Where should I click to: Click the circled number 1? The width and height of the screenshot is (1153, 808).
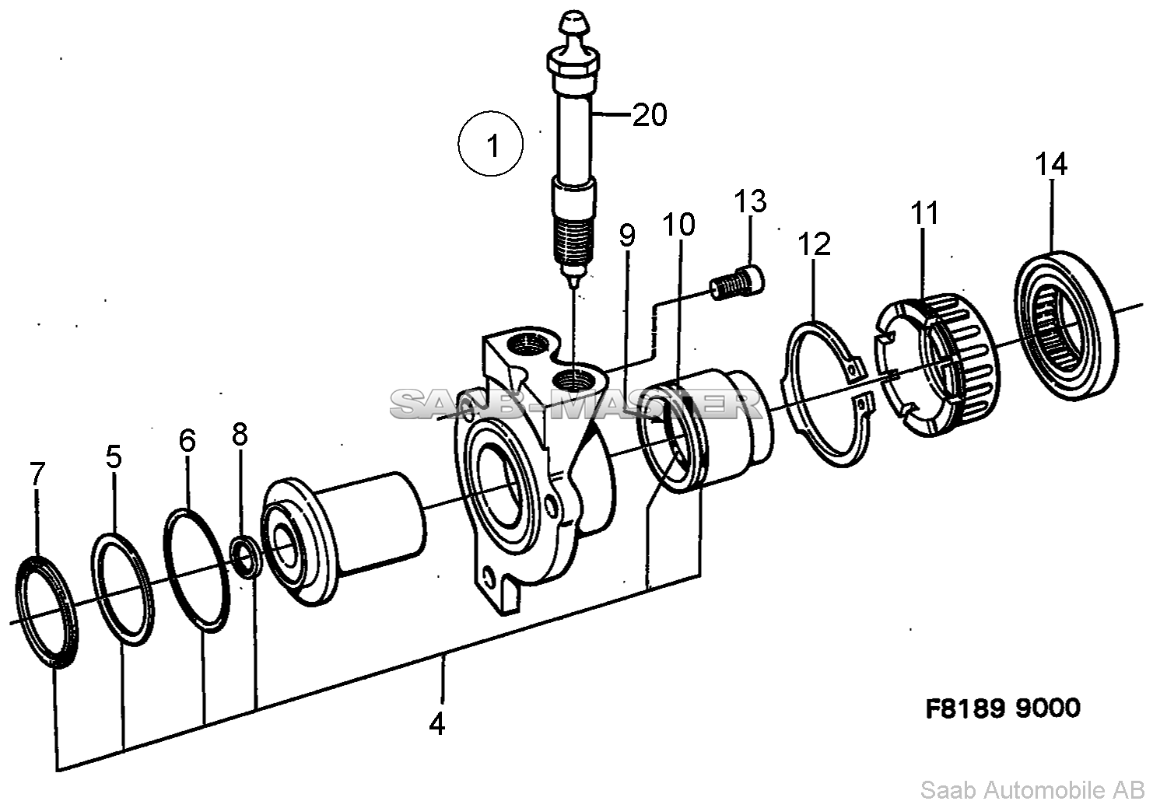pos(491,144)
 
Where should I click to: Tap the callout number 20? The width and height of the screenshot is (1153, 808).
pos(650,114)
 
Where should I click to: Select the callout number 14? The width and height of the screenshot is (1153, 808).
pos(1051,164)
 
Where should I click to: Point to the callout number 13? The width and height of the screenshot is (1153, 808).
pos(750,201)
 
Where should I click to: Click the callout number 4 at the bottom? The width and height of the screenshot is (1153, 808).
pos(437,725)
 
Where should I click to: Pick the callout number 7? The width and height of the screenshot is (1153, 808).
pos(37,474)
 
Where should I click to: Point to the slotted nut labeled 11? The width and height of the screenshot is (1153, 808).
pos(937,364)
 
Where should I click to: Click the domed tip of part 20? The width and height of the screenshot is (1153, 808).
pos(574,22)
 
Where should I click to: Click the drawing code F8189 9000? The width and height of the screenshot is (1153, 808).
pos(1003,708)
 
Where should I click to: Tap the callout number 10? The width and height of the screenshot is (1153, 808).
pos(678,225)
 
